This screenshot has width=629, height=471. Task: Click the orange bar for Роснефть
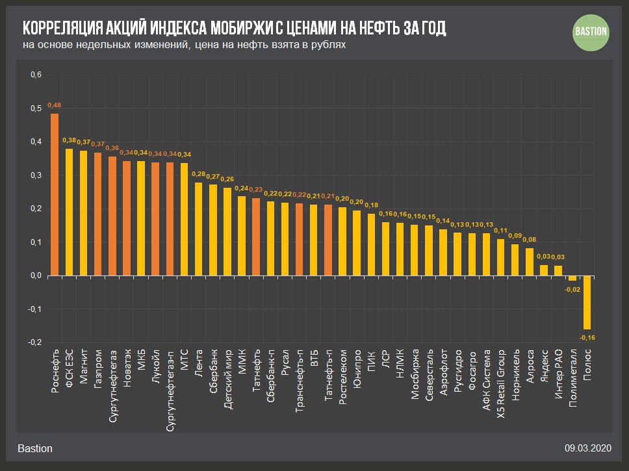click(x=55, y=194)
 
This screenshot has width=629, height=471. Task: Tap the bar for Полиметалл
click(x=572, y=278)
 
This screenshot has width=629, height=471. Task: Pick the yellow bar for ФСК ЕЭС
click(x=69, y=212)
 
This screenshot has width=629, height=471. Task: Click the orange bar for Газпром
click(x=97, y=214)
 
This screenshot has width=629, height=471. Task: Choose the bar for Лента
click(x=199, y=229)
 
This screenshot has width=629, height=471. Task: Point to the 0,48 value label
click(x=55, y=105)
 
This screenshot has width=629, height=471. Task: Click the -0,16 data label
click(x=587, y=338)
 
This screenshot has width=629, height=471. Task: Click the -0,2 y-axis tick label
click(x=36, y=342)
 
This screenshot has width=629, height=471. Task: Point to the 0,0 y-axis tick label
click(x=36, y=275)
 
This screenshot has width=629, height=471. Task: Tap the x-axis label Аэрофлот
click(x=443, y=374)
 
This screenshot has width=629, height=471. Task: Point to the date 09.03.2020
click(x=588, y=448)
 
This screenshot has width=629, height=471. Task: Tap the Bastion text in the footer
click(x=35, y=448)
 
